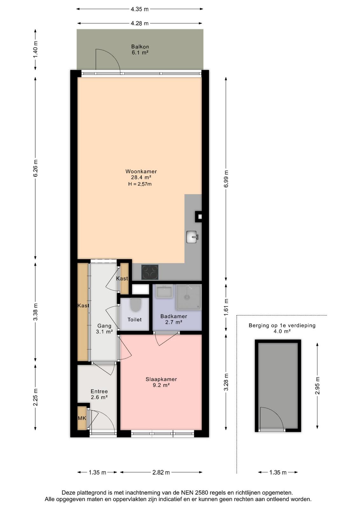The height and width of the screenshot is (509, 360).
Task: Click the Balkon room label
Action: coord(140,46)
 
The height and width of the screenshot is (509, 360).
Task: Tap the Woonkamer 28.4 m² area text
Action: coord(141,177)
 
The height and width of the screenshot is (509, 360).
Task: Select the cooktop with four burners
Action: coord(150,272)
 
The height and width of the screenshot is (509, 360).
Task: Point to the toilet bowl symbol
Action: coord(135,305)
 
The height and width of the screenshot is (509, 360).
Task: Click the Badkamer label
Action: coord(174,316)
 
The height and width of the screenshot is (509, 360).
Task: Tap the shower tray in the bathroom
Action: coord(189,297)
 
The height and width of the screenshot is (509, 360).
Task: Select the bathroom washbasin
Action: coord(164,291)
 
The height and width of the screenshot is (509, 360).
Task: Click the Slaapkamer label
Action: coord(161,379)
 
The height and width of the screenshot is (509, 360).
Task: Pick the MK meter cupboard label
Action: coord(82,418)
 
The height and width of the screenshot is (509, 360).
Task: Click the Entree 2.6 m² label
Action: coord(99,394)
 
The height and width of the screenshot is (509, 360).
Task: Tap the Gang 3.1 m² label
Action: coord(104,329)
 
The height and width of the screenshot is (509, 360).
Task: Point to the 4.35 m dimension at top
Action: coord(140,9)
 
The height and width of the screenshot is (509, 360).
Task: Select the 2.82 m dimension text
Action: coord(161,472)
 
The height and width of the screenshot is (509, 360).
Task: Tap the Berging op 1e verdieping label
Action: coord(282,325)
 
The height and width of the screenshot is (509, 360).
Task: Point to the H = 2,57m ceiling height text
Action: coord(140,184)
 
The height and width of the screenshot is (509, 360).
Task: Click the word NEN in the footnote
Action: coord(186,493)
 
